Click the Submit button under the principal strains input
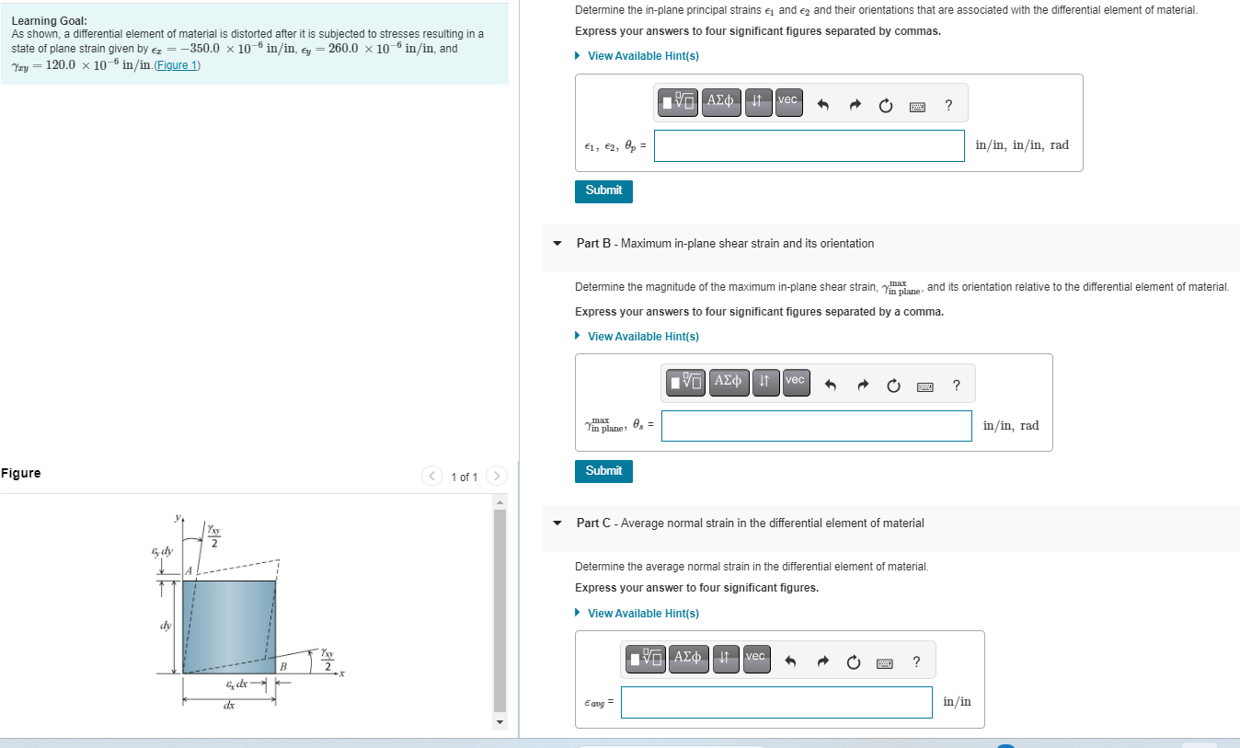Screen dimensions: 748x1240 coord(603,190)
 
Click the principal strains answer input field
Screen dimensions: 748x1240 coord(809,145)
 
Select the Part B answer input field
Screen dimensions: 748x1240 coord(816,425)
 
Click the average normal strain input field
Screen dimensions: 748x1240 coord(775,702)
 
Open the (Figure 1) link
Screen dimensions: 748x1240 coord(178,65)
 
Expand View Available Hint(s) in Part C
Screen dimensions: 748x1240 coord(642,614)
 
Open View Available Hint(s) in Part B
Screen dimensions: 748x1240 coord(642,337)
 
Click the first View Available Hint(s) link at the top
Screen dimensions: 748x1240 coord(642,56)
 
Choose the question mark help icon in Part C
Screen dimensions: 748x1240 coord(915,662)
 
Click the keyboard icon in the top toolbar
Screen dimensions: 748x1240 coord(917,107)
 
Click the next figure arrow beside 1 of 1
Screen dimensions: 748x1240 coord(496,476)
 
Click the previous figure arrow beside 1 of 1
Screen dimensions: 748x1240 coord(432,476)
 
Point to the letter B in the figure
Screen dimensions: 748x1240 coord(283,666)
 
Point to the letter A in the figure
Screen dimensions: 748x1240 coord(190,570)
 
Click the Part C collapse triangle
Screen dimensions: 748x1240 coord(557,524)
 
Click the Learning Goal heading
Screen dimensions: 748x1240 coord(50,20)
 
